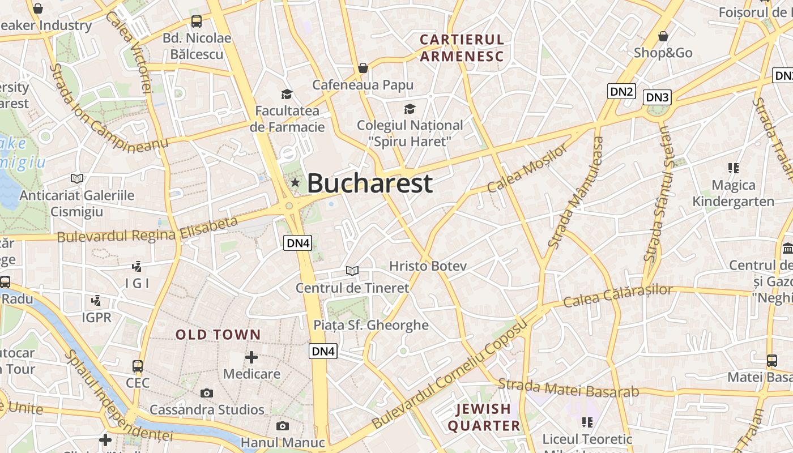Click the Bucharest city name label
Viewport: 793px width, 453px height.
tap(370, 183)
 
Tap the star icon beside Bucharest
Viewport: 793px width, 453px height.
tap(295, 182)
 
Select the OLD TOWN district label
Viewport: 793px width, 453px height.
tap(218, 335)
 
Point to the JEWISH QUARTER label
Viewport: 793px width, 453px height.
tap(484, 417)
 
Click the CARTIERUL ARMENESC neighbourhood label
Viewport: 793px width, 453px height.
tap(462, 48)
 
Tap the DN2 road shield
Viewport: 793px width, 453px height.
tap(621, 91)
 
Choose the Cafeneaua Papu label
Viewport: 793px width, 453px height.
tap(363, 85)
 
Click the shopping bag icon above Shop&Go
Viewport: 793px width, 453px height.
tap(663, 37)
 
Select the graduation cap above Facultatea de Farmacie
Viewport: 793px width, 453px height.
tap(287, 94)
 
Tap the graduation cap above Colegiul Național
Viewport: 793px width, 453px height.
tap(410, 109)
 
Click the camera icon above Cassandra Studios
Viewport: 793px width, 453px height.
tap(207, 393)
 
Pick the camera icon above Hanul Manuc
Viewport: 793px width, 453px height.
tap(282, 426)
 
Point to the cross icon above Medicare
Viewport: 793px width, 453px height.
tap(251, 357)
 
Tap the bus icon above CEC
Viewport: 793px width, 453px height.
tap(138, 366)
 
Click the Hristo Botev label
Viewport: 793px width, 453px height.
tap(428, 266)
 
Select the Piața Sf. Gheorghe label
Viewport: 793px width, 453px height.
tap(371, 325)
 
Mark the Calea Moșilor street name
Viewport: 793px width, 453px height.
tap(527, 168)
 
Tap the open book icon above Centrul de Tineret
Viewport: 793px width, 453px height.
tap(352, 271)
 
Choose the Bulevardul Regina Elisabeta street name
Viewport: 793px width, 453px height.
tap(147, 230)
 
